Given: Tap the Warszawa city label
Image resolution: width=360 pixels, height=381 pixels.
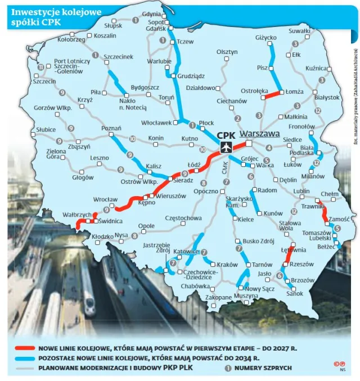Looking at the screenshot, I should click(x=259, y=134).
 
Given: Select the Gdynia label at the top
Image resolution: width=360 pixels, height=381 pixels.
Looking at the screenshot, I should click(x=151, y=13).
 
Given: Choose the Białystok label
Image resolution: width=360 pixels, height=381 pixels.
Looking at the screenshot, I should click(x=327, y=97).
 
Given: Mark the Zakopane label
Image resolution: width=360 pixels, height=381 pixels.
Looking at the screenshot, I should click(x=219, y=297).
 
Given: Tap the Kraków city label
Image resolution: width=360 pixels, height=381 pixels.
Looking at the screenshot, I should click(x=227, y=265).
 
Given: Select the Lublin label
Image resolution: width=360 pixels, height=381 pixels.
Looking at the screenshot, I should click(x=301, y=192).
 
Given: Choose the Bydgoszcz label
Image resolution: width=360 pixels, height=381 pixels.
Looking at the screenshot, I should click(x=145, y=88).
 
